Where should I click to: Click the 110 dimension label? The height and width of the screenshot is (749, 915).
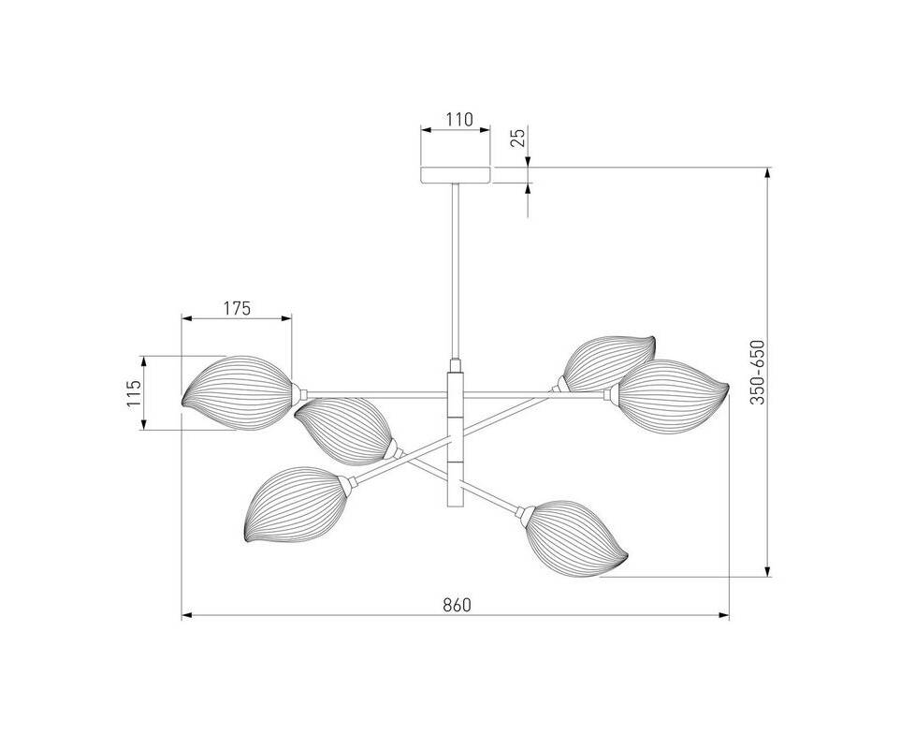tap(458, 120)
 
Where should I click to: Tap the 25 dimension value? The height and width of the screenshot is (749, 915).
tap(518, 138)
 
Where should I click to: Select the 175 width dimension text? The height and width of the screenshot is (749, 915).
tap(237, 308)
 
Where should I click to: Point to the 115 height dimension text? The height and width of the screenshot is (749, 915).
tap(134, 393)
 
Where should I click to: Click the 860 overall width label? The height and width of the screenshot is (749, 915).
tap(457, 606)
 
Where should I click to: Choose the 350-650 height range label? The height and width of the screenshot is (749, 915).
tap(757, 372)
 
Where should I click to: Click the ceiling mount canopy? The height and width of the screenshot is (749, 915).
tap(456, 175)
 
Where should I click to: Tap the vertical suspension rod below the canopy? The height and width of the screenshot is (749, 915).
tap(456, 271)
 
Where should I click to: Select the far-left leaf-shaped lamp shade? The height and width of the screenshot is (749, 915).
tap(237, 392)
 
